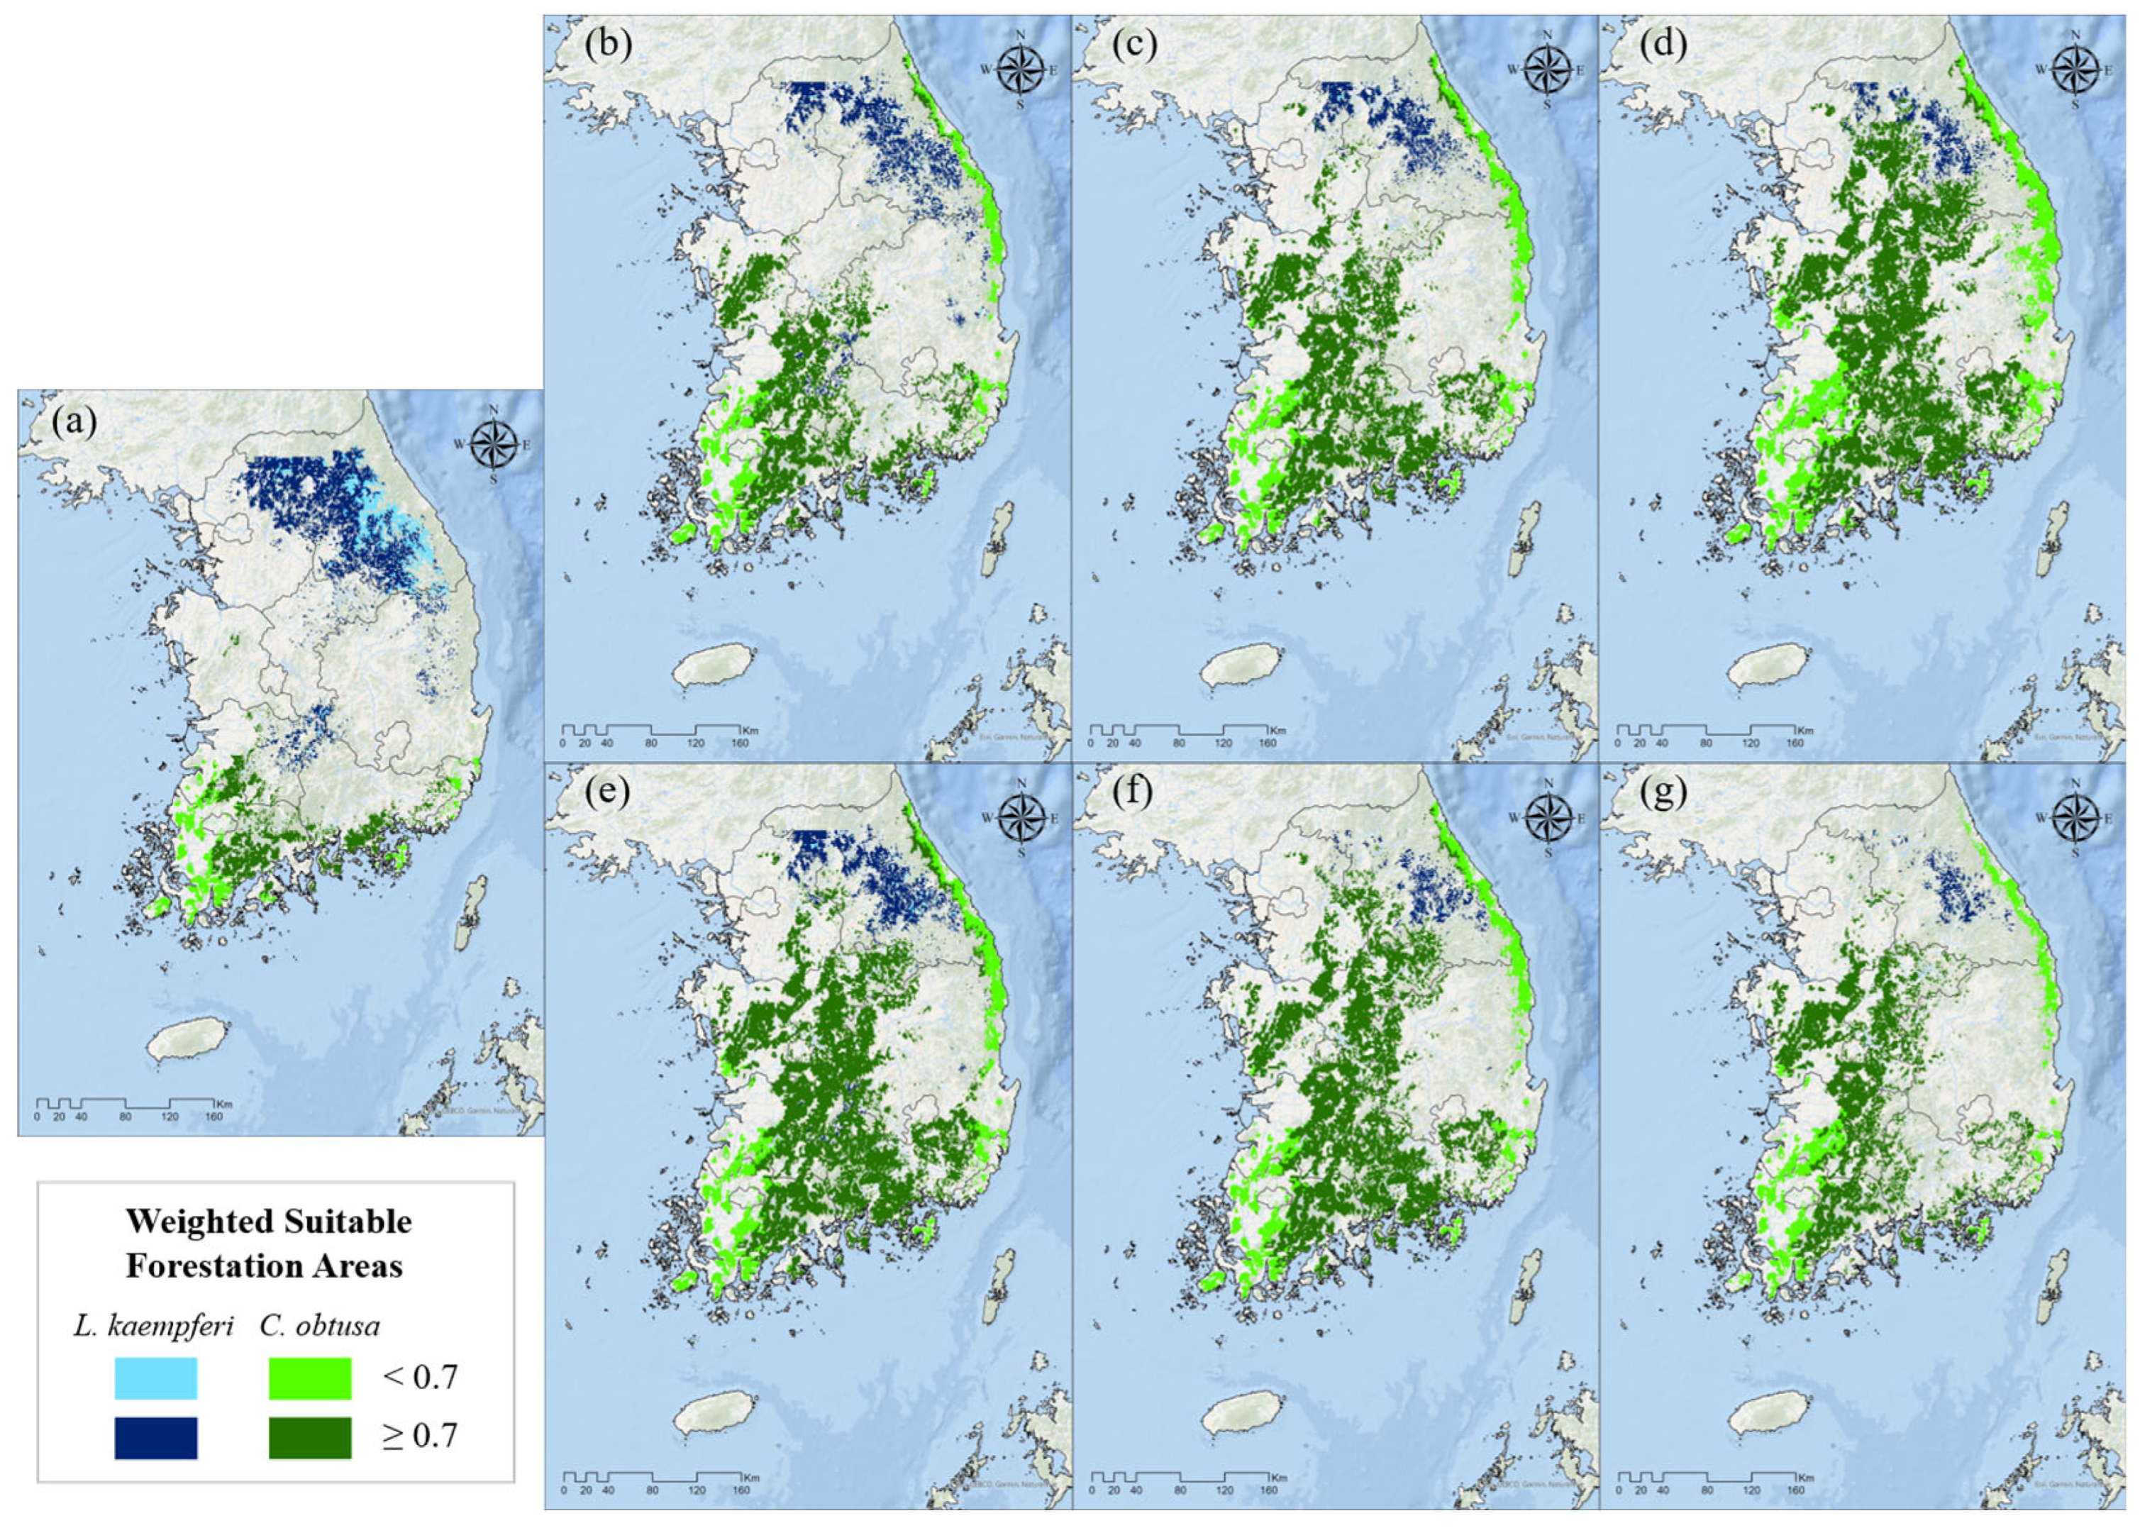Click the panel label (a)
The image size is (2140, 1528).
click(74, 423)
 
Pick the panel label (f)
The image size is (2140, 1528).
click(1133, 792)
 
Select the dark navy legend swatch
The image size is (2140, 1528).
click(155, 1438)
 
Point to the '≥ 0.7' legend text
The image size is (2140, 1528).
click(419, 1436)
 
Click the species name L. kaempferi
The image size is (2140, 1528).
click(153, 1327)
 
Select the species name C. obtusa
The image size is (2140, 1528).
click(320, 1327)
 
